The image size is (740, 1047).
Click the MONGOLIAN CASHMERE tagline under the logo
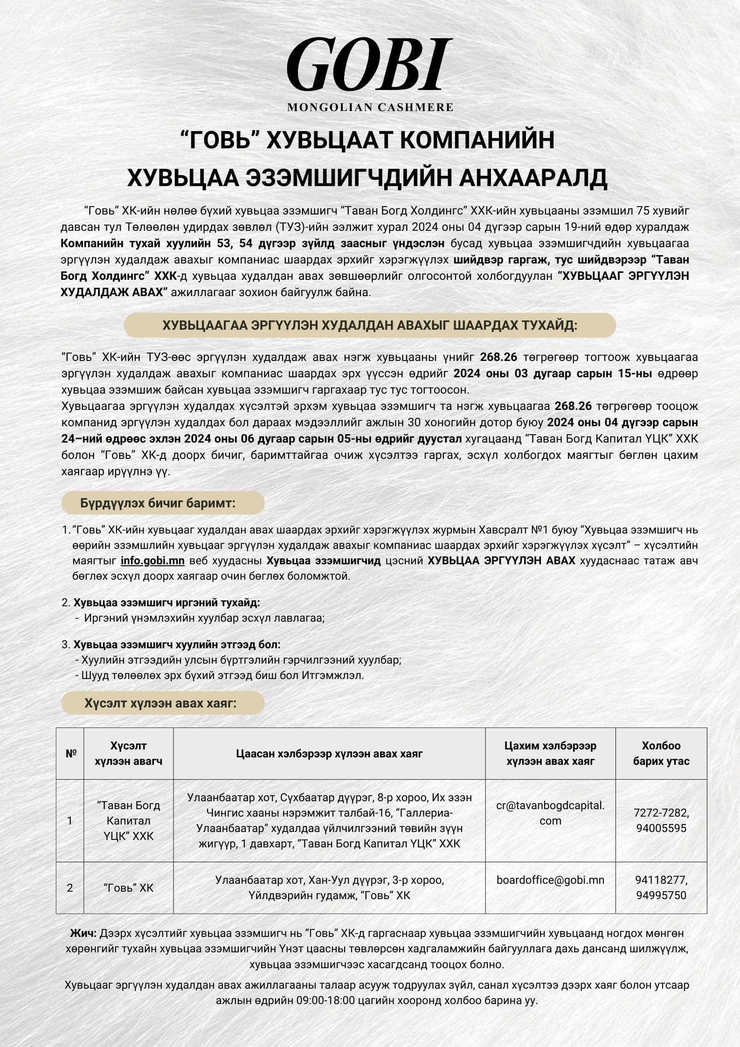tap(370, 107)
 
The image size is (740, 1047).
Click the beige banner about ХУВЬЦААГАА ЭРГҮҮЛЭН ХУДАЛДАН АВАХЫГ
tap(369, 326)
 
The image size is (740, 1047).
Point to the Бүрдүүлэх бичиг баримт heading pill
tap(163, 503)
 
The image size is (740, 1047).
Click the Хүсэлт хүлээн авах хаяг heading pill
tap(163, 703)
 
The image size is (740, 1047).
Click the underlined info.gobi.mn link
tap(152, 561)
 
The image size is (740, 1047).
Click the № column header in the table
tap(70, 753)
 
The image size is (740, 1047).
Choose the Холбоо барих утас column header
tap(661, 753)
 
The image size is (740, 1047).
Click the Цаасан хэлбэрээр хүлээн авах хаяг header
tap(329, 753)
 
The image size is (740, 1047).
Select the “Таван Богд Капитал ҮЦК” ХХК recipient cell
tap(128, 820)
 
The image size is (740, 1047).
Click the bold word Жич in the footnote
tap(83, 933)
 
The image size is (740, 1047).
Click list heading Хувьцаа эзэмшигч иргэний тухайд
tap(166, 603)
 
